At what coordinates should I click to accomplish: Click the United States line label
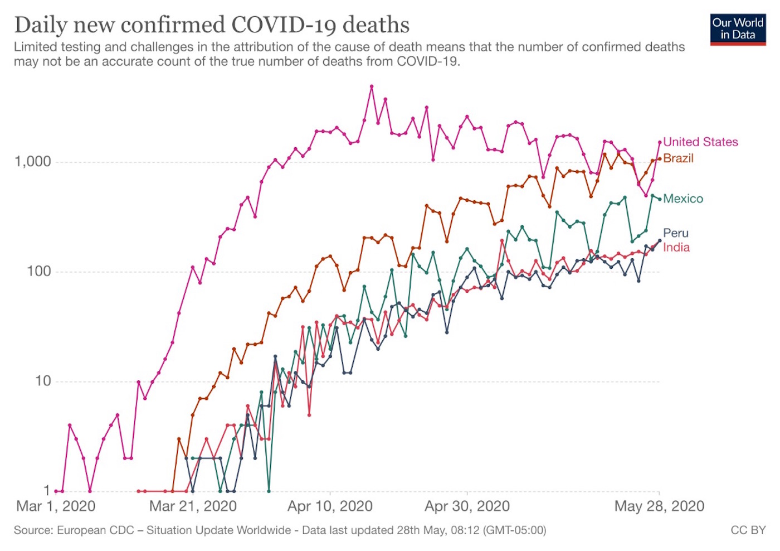[700, 142]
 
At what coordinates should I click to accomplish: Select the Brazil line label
[678, 158]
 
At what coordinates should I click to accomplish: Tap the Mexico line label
[683, 199]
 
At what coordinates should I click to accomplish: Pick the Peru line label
[676, 233]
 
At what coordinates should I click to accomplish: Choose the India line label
[676, 248]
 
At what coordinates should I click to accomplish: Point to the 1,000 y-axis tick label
[32, 162]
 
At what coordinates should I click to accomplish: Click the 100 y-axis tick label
[38, 272]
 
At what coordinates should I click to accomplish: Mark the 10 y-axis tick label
[42, 381]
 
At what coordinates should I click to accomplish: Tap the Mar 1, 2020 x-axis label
[56, 506]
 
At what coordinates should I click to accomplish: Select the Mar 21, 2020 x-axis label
[193, 506]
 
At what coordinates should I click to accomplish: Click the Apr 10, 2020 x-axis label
[330, 506]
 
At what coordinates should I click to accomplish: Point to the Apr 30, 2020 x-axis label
[467, 506]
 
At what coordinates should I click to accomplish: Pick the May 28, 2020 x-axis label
[659, 506]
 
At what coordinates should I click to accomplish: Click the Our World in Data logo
[738, 30]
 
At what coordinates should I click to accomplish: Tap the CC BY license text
[748, 530]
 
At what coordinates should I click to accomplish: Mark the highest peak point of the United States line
[372, 86]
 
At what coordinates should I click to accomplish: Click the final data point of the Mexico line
[660, 199]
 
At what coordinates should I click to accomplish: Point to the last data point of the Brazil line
[660, 159]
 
